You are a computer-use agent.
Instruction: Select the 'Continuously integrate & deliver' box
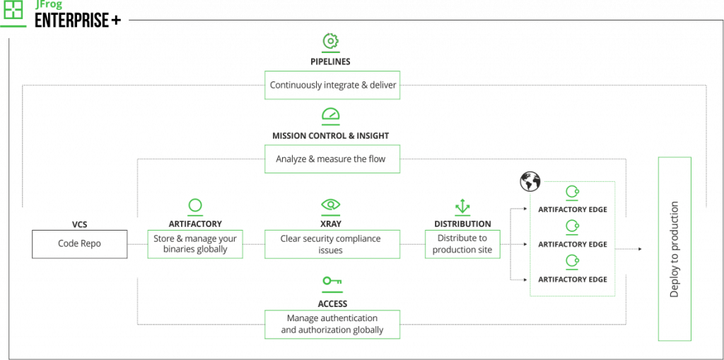(332, 84)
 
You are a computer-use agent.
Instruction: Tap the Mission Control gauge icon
(331, 115)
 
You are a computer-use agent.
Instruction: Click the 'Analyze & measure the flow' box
(332, 159)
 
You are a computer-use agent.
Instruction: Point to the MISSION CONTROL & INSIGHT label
(331, 135)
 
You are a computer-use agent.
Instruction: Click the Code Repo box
(80, 244)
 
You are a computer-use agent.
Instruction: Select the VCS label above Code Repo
(79, 224)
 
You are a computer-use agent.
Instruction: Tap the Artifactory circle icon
(195, 206)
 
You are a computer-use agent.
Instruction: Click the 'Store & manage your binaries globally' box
(195, 244)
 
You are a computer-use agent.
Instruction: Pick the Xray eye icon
(331, 206)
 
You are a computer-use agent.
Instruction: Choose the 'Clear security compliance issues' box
(332, 244)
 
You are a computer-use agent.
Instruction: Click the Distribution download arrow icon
(462, 206)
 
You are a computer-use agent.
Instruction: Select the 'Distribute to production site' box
(462, 244)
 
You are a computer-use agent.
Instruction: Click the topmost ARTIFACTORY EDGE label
(572, 210)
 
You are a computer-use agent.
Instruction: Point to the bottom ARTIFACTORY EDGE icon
(572, 262)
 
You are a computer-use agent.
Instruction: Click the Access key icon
(331, 281)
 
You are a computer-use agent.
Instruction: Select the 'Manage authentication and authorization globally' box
(332, 324)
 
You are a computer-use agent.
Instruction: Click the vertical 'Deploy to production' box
(674, 250)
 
